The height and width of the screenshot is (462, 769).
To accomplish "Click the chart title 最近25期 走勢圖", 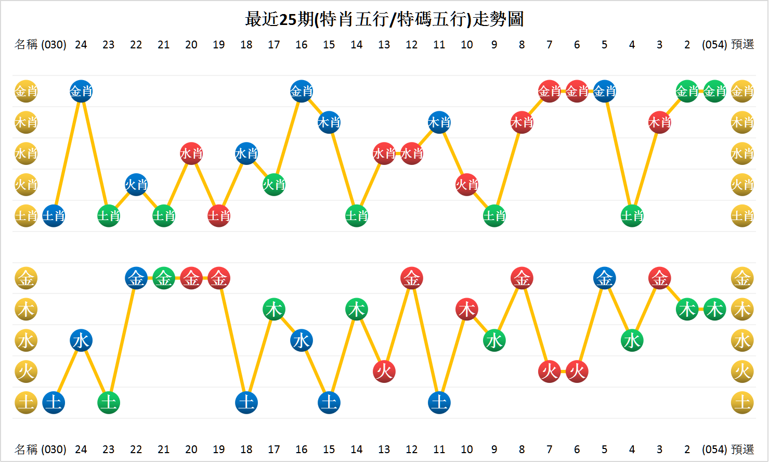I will (x=384, y=19).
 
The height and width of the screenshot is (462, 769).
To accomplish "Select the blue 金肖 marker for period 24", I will (x=81, y=92).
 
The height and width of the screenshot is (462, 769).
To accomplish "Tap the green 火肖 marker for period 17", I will (x=274, y=185).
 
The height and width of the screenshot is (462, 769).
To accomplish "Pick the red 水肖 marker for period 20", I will (x=191, y=153).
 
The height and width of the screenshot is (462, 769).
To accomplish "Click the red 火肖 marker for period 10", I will (x=467, y=185).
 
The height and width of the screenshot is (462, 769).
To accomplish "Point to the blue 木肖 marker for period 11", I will (x=439, y=123).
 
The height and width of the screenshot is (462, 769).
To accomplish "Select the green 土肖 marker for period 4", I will (x=632, y=216).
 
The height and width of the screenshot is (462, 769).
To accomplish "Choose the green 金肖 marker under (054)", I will (x=715, y=92).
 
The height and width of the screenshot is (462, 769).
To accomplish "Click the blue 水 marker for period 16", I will (x=302, y=341).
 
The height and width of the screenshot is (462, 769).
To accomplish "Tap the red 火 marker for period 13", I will (x=384, y=371).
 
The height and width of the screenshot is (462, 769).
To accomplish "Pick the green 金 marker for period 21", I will (x=164, y=278).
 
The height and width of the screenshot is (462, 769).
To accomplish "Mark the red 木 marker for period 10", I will (x=467, y=310).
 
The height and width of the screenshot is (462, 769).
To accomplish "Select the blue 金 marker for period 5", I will (x=605, y=278).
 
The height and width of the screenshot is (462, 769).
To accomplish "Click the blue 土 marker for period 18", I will (x=246, y=403).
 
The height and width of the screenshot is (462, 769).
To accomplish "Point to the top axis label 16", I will (x=302, y=45).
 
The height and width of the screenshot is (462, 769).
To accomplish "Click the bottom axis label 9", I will (x=494, y=450).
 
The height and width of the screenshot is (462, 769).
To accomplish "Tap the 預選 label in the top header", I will (x=742, y=45).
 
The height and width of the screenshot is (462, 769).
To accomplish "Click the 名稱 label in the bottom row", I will (x=26, y=450).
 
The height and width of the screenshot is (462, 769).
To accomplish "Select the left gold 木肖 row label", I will (x=26, y=123).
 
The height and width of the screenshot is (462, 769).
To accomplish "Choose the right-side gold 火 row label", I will (x=742, y=371).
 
